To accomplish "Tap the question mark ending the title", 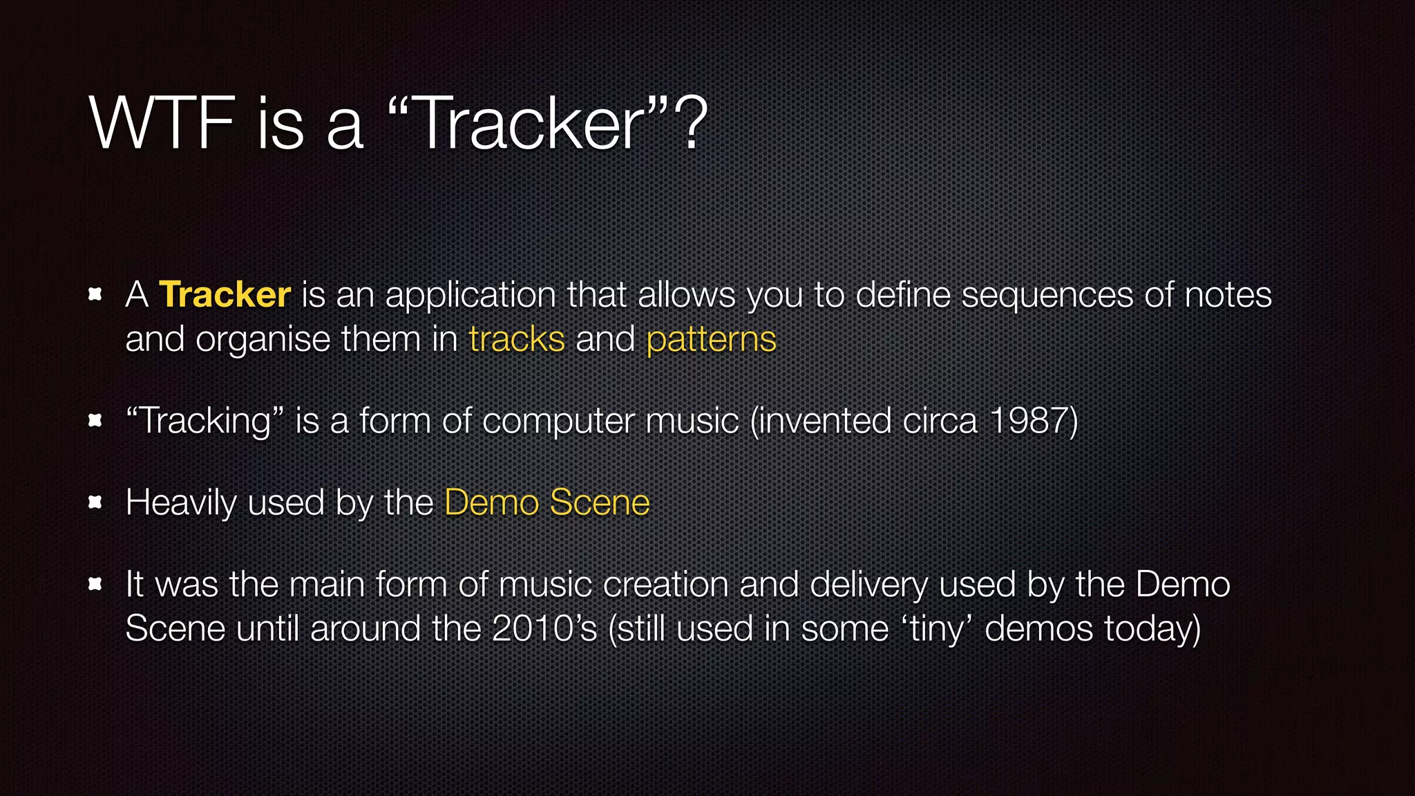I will point(691,124).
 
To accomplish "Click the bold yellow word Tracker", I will point(225,295).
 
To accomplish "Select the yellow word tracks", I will point(516,339).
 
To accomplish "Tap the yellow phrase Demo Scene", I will point(547,502).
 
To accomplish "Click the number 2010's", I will point(544,629).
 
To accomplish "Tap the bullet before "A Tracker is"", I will point(96,295).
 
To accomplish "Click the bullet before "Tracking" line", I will point(96,421).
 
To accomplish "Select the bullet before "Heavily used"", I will point(96,502).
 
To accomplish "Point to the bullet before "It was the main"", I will point(96,585).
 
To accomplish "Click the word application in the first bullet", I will point(470,296).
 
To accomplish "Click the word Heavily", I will point(181,503).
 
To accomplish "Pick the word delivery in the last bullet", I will point(868,585).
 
